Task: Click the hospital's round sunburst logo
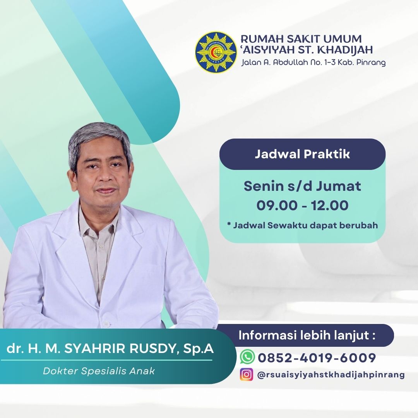click(x=216, y=52)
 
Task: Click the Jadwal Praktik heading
click(x=302, y=154)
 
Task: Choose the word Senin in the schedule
click(x=264, y=186)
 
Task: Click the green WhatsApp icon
click(x=247, y=357)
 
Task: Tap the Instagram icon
click(x=246, y=374)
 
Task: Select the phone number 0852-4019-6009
click(x=317, y=358)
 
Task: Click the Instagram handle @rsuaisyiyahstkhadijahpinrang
click(x=331, y=375)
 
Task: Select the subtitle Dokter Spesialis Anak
click(x=99, y=371)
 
